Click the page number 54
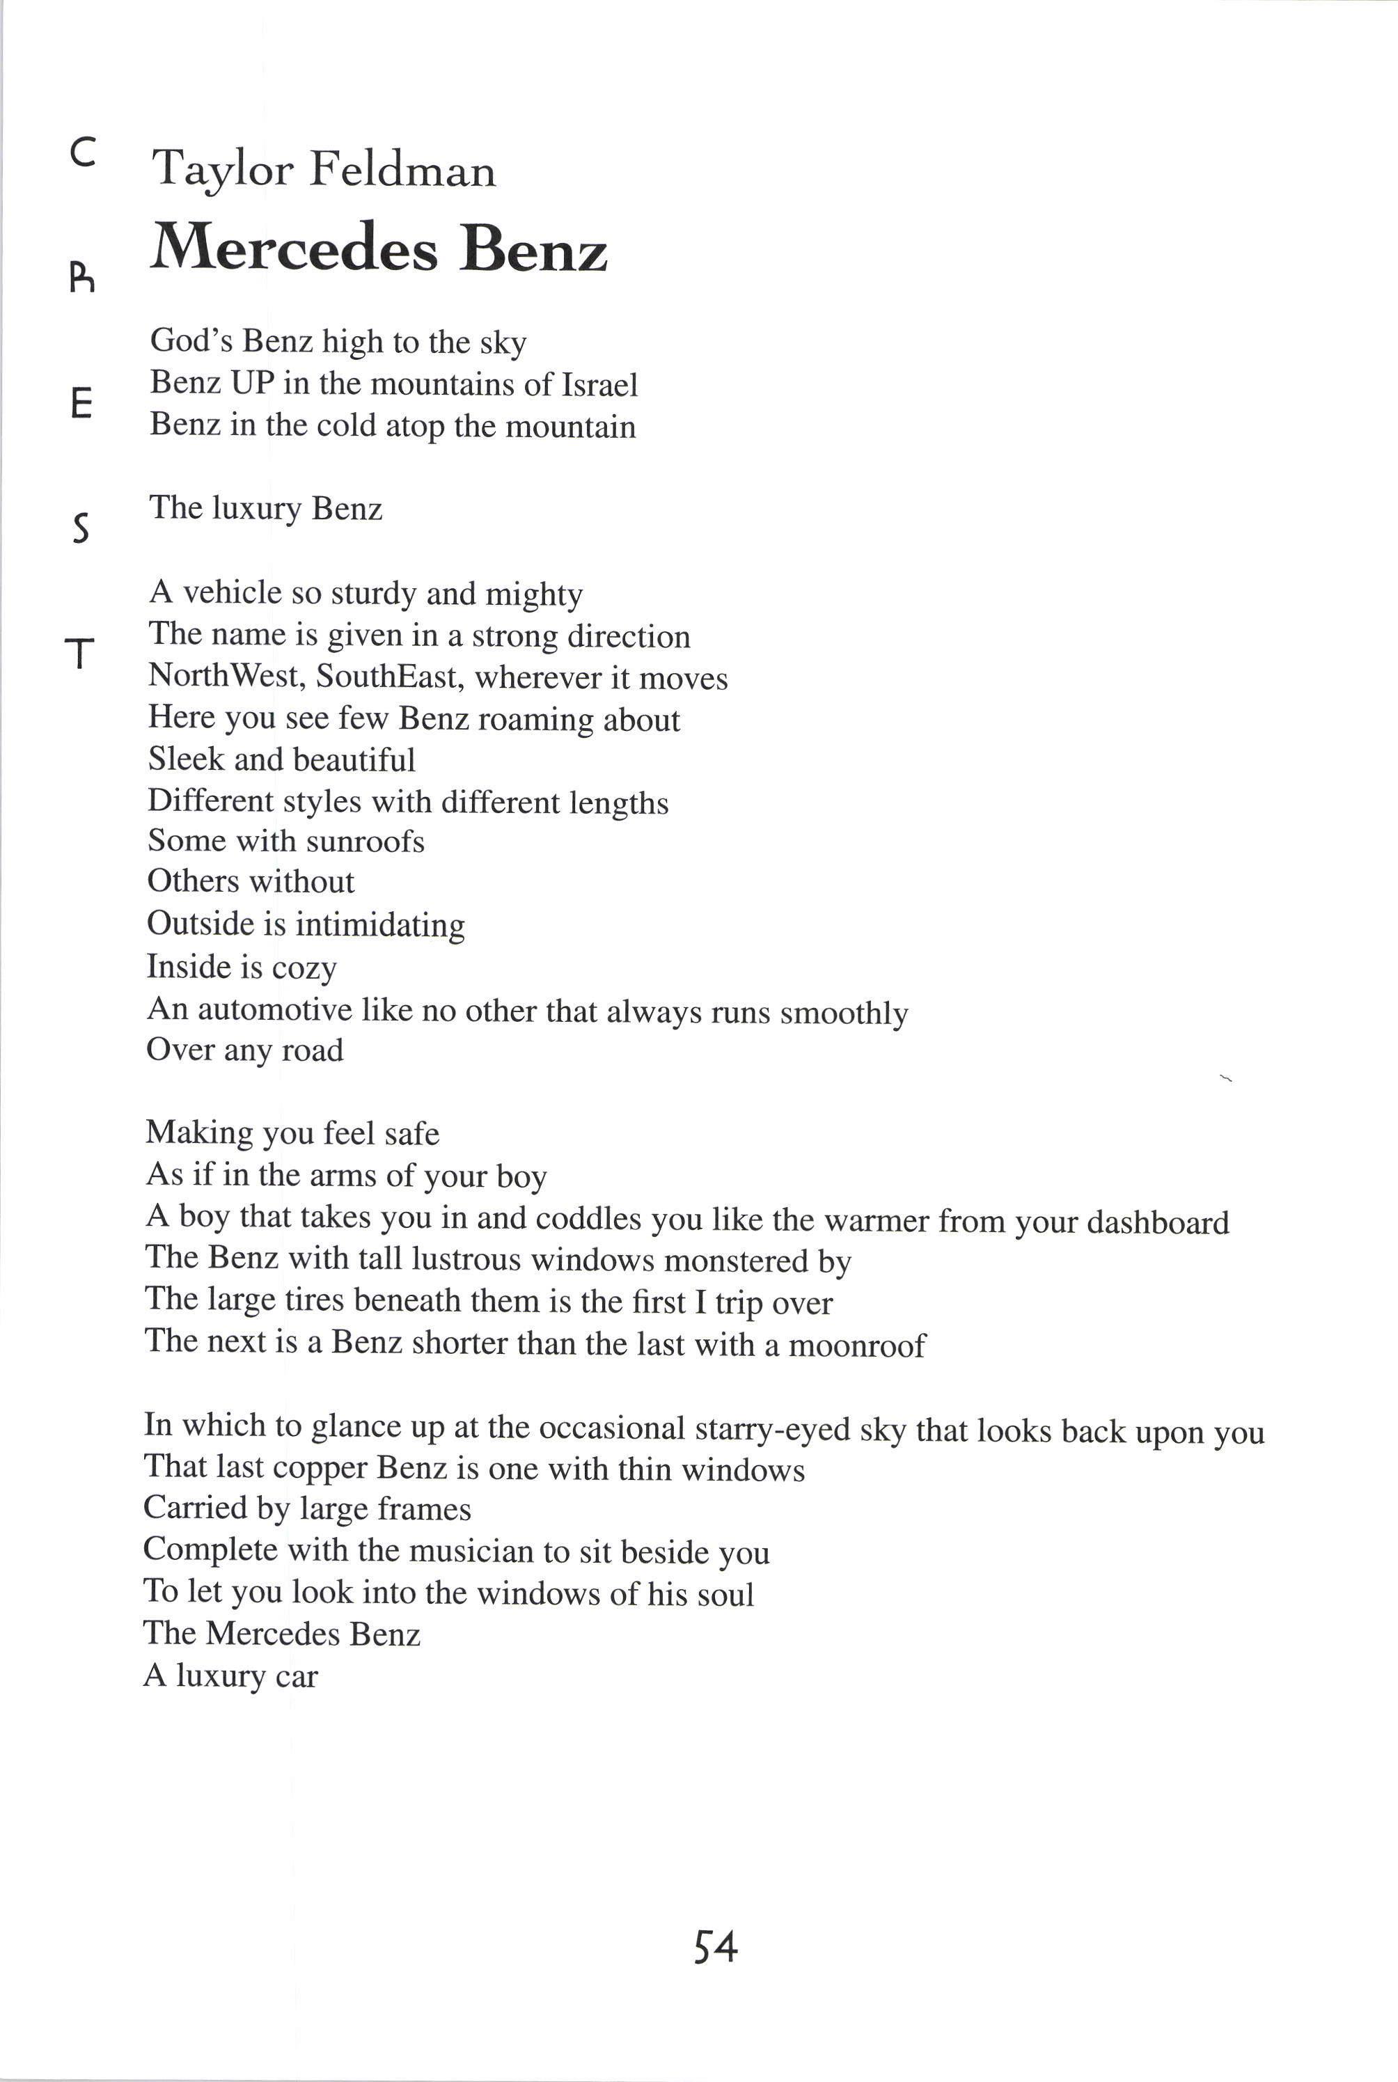coord(715,1948)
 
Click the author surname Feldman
coord(402,169)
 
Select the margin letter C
coord(82,155)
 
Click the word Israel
coord(599,385)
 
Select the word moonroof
coord(857,1345)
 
